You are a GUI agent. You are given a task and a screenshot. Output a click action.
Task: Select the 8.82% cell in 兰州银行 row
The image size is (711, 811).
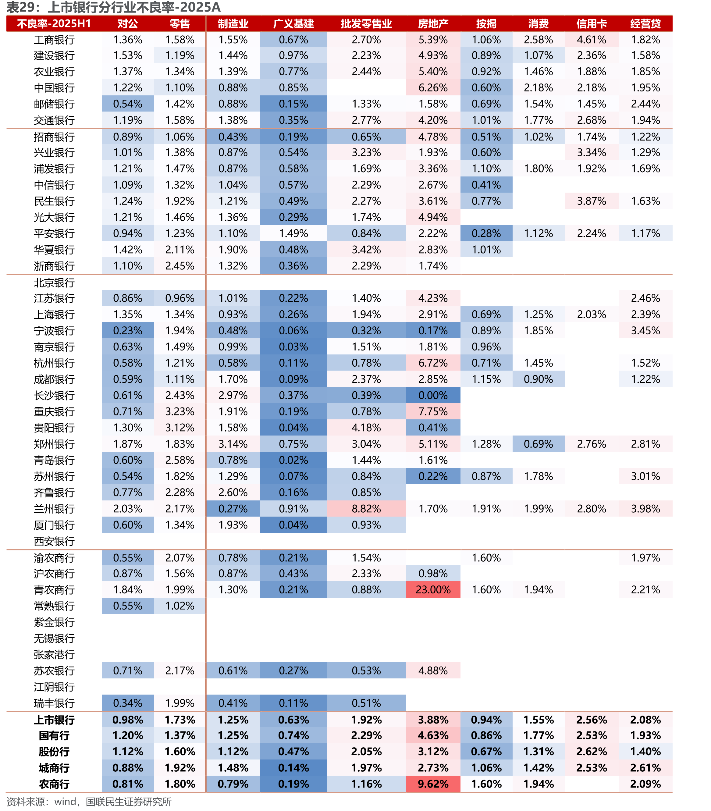click(x=366, y=509)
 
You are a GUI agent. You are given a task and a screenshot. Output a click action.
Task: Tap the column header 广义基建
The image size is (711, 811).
click(x=293, y=24)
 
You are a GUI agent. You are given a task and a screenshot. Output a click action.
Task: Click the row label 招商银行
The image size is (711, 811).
click(x=54, y=137)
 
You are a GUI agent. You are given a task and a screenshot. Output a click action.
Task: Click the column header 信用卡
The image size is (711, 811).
click(x=592, y=24)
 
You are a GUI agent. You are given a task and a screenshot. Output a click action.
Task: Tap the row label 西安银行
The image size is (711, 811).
click(x=54, y=541)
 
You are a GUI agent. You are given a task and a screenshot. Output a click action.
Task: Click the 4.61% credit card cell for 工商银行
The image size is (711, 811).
click(x=592, y=40)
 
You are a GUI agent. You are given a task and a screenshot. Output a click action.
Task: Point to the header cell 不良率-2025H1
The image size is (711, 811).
click(x=54, y=24)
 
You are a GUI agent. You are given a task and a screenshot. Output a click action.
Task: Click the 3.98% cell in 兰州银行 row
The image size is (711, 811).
click(x=645, y=509)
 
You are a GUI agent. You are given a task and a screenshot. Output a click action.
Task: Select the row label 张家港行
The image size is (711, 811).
click(x=54, y=655)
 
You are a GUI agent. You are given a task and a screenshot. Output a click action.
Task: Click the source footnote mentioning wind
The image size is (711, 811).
click(x=89, y=802)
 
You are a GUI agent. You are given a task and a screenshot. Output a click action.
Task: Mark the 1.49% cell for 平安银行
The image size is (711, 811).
click(x=293, y=233)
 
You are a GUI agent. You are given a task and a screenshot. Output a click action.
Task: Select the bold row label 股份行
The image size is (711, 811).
click(x=54, y=752)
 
